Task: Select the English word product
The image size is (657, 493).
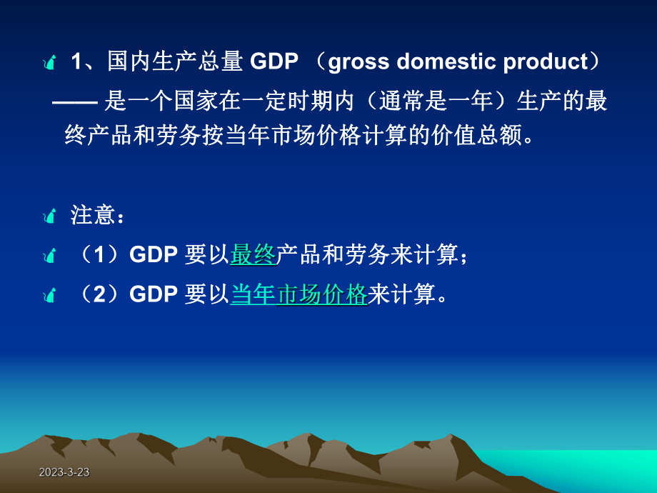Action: [546, 63]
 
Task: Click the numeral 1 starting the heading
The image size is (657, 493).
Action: [76, 63]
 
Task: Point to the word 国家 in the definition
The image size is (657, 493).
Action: [196, 101]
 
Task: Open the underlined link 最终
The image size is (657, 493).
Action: [253, 255]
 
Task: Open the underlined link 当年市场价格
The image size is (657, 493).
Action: [299, 294]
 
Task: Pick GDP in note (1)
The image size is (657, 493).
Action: [153, 255]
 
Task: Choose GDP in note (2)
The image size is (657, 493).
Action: [153, 294]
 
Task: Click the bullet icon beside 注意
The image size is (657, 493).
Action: [49, 216]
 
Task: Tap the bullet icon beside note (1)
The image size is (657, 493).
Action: [49, 255]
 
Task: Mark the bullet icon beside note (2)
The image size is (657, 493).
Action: [49, 294]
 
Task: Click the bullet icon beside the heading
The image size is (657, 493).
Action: [49, 64]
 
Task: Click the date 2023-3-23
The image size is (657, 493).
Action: [64, 473]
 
